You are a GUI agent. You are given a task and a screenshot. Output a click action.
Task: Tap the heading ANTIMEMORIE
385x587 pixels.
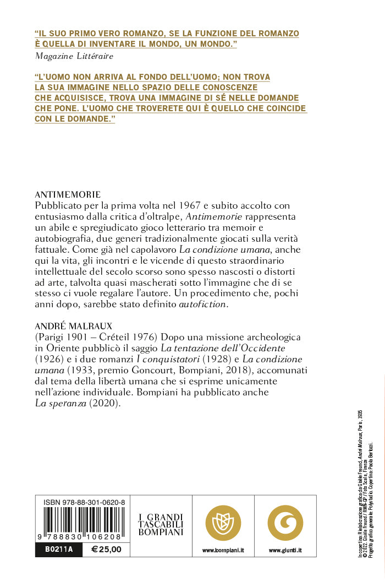click(67, 194)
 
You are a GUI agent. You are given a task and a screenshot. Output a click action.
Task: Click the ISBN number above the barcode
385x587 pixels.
click(84, 503)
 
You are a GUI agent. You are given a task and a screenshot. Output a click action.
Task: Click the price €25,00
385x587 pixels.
click(106, 550)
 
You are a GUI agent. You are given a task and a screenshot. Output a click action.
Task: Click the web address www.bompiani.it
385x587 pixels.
click(223, 550)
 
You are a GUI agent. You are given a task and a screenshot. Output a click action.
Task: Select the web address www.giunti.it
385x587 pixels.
click(285, 550)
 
